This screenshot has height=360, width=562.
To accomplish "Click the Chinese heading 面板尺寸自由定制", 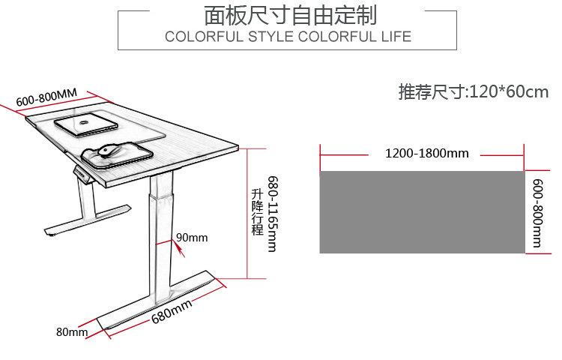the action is tap(291, 15).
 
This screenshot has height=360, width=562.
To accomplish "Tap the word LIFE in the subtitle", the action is tap(395, 37).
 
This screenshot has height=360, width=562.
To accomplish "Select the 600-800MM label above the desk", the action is tap(46, 98).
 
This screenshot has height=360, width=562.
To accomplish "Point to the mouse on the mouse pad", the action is tap(110, 150).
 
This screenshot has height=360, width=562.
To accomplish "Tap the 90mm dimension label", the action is tap(192, 238).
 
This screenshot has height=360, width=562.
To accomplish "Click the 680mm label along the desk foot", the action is tap(172, 309).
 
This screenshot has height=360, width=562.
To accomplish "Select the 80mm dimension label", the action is tap(71, 331).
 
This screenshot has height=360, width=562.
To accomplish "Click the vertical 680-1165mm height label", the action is tap(273, 214).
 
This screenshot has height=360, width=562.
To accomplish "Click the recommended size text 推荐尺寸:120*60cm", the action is tap(473, 92).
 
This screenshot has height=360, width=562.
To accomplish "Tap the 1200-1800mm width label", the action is tap(426, 154).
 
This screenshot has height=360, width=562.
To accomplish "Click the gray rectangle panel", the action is tap(422, 212).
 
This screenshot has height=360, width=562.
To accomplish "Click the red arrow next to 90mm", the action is tap(178, 247).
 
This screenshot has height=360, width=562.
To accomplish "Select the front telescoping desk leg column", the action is tap(160, 232).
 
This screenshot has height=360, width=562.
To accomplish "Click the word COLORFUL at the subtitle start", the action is tap(202, 37).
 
